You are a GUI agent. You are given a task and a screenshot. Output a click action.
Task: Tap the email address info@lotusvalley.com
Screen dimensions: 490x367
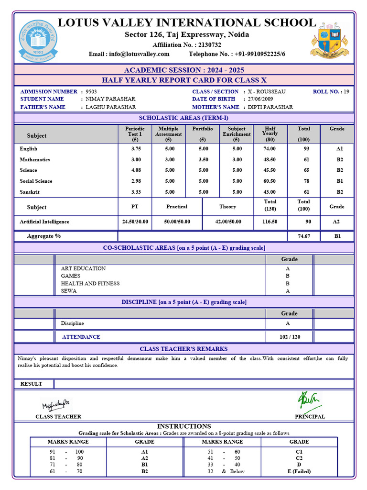tap(139, 54)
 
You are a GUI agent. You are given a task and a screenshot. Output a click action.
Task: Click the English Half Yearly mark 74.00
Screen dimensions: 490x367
tap(270, 149)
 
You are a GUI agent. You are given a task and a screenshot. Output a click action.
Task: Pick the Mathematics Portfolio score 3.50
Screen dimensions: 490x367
tap(203, 160)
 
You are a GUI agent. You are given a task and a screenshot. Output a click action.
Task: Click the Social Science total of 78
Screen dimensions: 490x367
tap(303, 181)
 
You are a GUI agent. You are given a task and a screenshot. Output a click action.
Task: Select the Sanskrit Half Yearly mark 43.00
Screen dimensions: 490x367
tap(270, 192)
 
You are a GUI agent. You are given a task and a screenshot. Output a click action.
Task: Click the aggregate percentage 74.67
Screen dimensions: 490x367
tap(303, 236)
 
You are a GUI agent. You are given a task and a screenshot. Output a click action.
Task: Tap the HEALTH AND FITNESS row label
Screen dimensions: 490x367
tap(90, 283)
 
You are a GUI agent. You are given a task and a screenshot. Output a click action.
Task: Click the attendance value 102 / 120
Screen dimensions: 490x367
tap(290, 337)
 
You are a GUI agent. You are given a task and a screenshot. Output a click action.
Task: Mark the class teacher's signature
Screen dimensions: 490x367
tap(56, 406)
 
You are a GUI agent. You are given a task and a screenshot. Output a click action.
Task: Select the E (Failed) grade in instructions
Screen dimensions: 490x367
tap(299, 471)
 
